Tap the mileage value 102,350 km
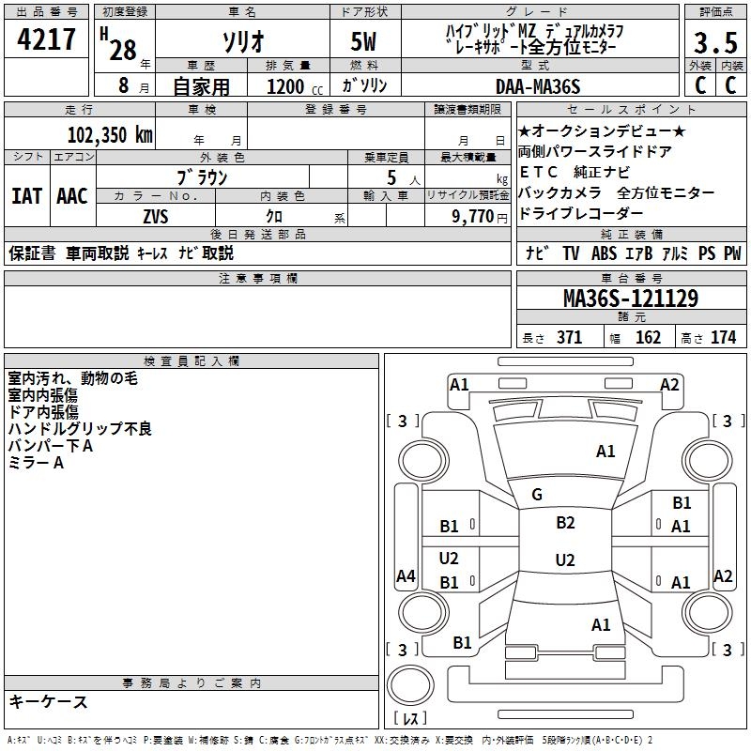(x=111, y=134)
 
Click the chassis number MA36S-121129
(x=630, y=299)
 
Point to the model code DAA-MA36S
(x=538, y=86)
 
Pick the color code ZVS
(x=156, y=216)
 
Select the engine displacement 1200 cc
(x=287, y=86)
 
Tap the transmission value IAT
(x=26, y=196)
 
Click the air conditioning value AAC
(x=72, y=196)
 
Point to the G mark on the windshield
(x=537, y=495)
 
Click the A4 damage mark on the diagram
(x=406, y=576)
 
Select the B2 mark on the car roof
(x=565, y=523)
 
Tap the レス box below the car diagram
(x=410, y=719)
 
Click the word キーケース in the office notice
(x=49, y=701)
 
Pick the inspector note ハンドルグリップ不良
(x=80, y=429)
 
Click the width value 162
(x=648, y=338)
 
